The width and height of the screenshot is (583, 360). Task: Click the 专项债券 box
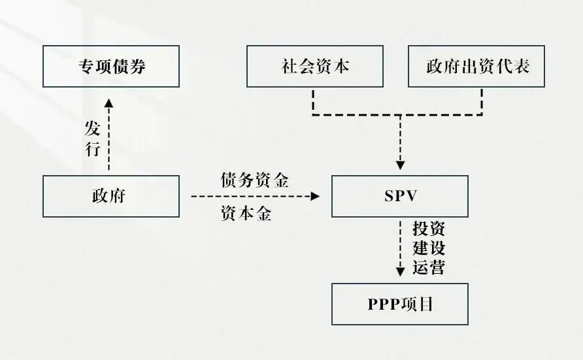110,66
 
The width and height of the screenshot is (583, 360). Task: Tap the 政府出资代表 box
476,66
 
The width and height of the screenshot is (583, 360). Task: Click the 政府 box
110,196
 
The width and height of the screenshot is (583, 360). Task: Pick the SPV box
399,196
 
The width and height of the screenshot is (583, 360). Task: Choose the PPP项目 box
399,304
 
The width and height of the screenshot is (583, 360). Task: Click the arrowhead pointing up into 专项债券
109,102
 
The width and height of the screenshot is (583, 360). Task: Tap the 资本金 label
246,214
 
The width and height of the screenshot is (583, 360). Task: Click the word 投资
429,230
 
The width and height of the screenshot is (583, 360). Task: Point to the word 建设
429,248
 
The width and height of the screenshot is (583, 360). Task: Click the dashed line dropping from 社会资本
314,101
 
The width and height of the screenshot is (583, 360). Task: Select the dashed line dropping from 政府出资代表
482,101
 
